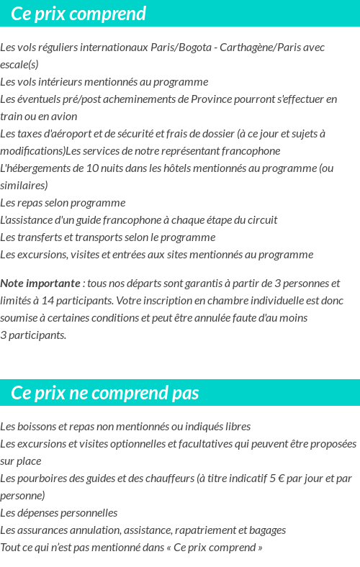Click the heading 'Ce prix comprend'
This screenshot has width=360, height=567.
78,14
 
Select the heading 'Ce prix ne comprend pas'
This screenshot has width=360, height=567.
105,393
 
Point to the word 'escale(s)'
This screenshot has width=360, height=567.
19,65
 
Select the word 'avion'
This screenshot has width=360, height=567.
63,117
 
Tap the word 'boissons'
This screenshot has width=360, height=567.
35,427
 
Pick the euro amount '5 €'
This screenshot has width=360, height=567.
276,478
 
